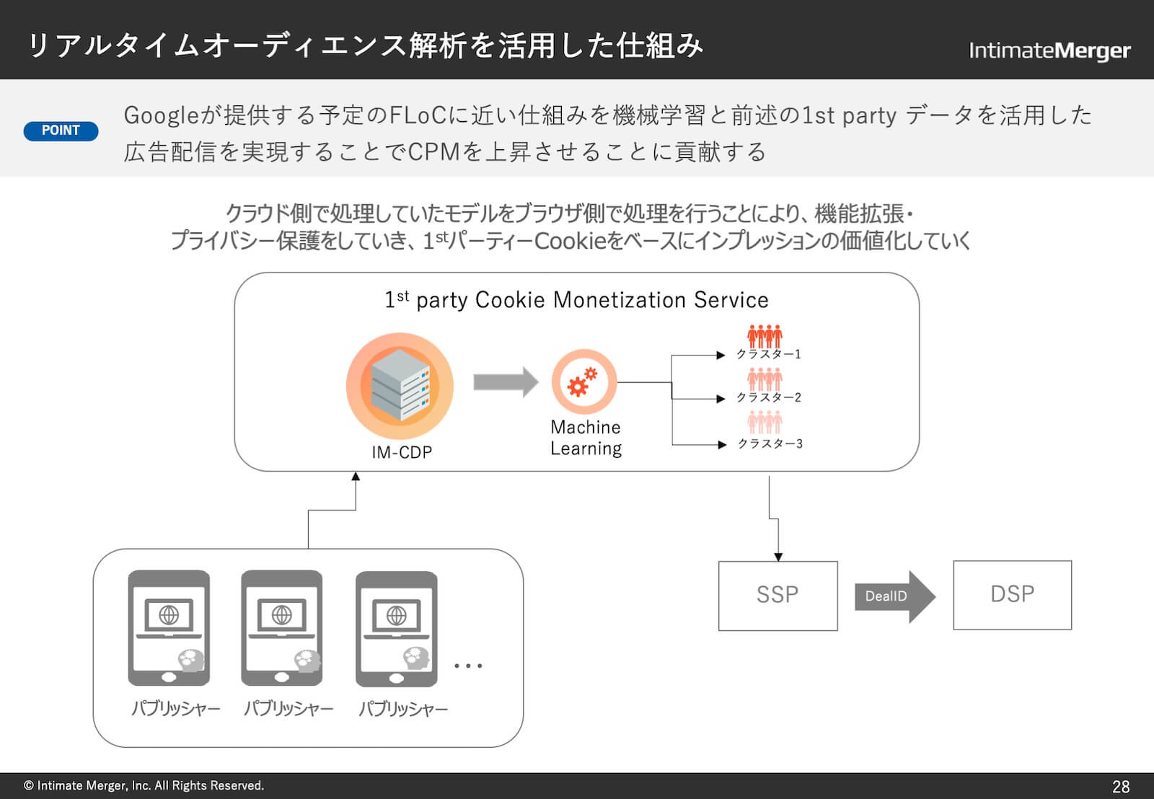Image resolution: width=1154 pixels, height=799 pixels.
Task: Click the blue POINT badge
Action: tap(61, 131)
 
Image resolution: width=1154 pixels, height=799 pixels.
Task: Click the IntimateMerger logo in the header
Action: tap(1049, 50)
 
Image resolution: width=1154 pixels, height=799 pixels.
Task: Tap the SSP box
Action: tap(778, 595)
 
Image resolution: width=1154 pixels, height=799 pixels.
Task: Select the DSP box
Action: tap(1012, 595)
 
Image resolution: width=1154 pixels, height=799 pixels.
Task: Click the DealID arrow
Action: tap(894, 596)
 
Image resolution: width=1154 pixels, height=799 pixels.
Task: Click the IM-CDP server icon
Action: tap(400, 387)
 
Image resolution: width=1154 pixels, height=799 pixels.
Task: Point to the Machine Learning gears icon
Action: tap(583, 381)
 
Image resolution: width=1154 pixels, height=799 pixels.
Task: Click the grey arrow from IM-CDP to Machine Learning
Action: tap(505, 381)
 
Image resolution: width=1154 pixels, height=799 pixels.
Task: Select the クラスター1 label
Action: tap(768, 354)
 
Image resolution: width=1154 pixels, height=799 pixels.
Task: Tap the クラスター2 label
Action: tap(768, 397)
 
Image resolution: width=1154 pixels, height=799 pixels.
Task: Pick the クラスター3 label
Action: tap(770, 443)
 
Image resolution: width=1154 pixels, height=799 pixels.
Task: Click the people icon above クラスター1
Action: tap(765, 335)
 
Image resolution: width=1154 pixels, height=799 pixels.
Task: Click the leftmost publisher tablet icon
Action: tap(169, 627)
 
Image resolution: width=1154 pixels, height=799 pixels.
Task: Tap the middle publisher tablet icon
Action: tap(282, 627)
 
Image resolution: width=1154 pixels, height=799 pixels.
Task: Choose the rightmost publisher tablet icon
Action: tap(397, 628)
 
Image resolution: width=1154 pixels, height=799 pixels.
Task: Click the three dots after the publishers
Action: tap(468, 666)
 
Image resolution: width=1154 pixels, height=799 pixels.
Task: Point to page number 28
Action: tap(1121, 786)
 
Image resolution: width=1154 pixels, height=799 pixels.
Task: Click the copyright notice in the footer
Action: tap(144, 785)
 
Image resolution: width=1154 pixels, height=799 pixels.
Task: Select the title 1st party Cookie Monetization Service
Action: tap(576, 299)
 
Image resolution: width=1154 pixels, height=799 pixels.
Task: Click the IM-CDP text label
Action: tap(402, 452)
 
